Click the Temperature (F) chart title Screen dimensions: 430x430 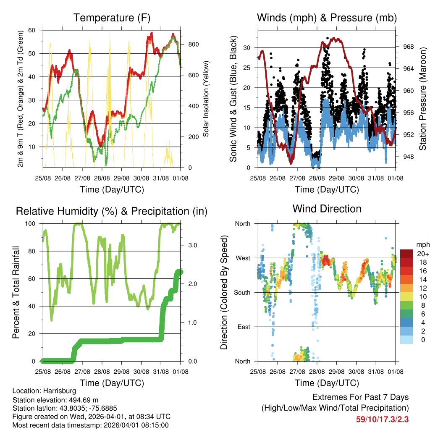pyautogui.click(x=112, y=18)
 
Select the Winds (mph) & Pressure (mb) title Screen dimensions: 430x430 pyautogui.click(x=327, y=18)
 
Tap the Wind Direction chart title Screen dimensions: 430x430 pyautogui.click(x=327, y=209)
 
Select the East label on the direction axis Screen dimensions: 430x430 pyautogui.click(x=243, y=327)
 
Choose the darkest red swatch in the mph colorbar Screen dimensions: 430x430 pyautogui.click(x=406, y=254)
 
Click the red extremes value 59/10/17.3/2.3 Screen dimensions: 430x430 pyautogui.click(x=382, y=419)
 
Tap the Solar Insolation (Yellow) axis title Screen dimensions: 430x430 pyautogui.click(x=206, y=99)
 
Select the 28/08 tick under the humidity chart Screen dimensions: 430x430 pyautogui.click(x=102, y=372)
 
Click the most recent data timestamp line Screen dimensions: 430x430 pyautogui.click(x=90, y=425)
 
